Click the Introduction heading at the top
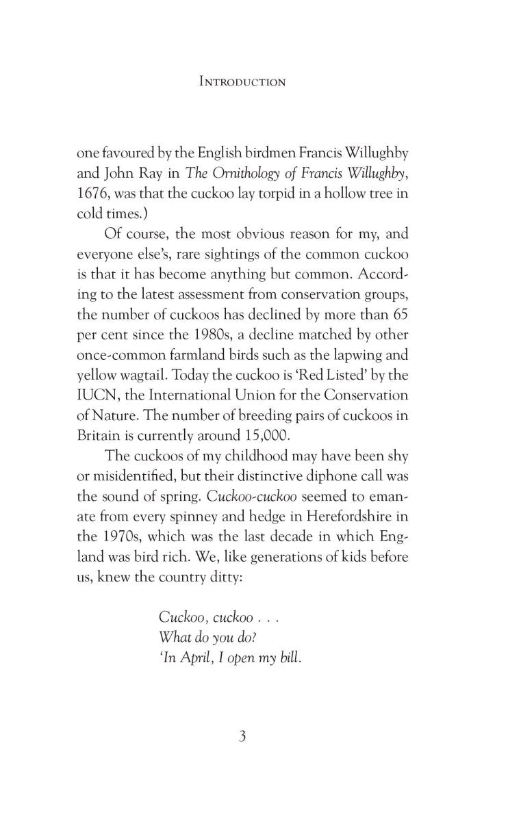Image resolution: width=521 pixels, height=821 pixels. click(242, 81)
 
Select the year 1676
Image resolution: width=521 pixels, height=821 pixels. click(93, 194)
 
